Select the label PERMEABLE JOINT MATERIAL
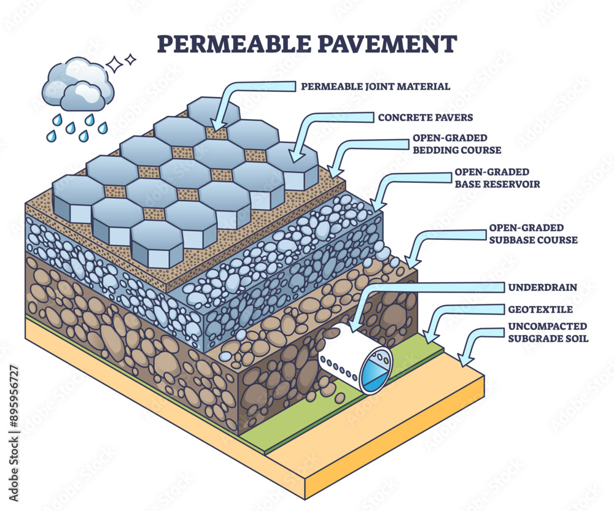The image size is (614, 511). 375,86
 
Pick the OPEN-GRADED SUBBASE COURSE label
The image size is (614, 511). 533,234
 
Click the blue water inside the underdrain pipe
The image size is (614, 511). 372,374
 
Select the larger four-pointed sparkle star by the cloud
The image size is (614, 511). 115,64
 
